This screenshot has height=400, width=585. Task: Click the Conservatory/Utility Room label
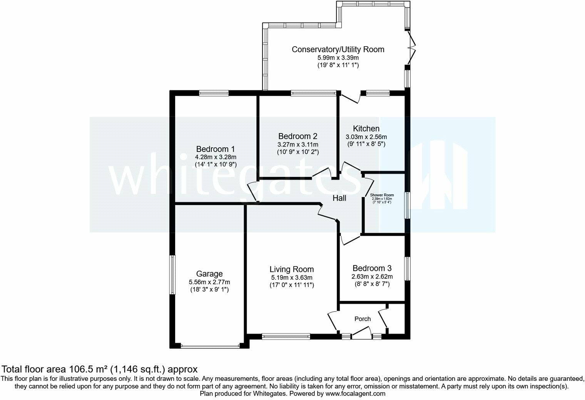tap(338, 49)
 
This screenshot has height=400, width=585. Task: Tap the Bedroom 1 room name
tap(216, 149)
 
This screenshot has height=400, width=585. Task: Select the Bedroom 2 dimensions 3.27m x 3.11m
tap(298, 144)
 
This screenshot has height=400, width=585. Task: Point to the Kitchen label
tap(366, 128)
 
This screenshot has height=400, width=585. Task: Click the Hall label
tap(339, 198)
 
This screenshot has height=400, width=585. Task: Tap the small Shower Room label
tap(382, 195)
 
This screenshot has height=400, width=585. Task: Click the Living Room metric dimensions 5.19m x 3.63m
tap(291, 278)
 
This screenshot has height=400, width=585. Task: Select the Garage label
tap(209, 274)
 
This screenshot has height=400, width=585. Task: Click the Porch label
tap(362, 319)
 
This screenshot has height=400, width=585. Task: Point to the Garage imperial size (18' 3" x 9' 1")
tap(209, 290)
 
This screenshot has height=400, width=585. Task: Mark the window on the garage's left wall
tap(173, 275)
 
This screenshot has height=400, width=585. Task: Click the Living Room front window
tap(286, 337)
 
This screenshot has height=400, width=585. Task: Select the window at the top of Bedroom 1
tap(214, 93)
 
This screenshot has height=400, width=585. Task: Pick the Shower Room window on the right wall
tap(407, 205)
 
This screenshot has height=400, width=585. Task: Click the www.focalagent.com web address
tap(355, 393)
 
